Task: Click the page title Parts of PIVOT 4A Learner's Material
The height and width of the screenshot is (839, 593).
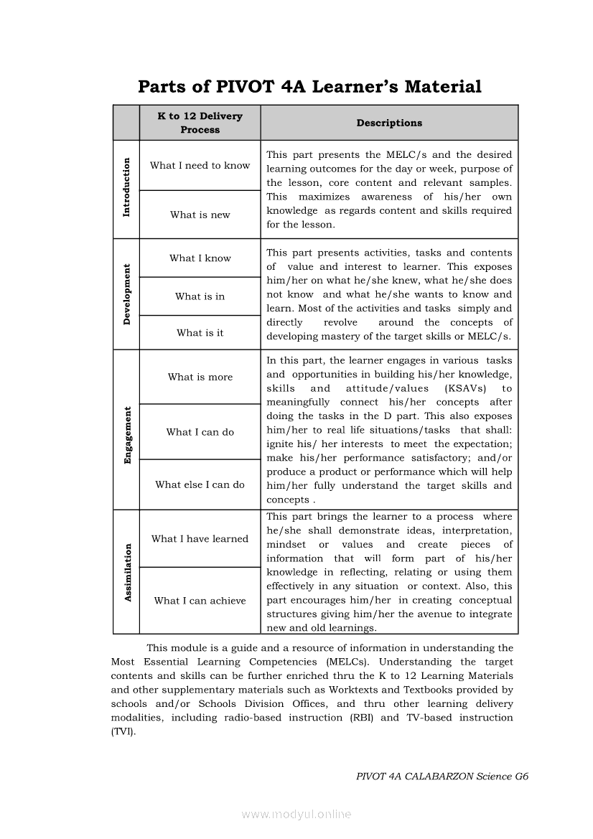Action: [309, 87]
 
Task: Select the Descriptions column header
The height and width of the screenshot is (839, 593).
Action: [389, 123]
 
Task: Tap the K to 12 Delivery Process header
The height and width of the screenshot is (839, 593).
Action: [200, 123]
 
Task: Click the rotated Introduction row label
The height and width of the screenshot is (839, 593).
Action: [127, 187]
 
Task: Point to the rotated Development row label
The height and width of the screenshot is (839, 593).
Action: [127, 294]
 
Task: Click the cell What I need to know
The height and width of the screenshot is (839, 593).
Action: [200, 165]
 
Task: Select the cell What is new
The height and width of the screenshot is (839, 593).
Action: [200, 215]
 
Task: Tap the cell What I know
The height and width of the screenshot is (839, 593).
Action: [200, 258]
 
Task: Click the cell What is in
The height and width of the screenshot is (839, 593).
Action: [200, 296]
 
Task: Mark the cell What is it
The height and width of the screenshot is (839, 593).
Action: [200, 332]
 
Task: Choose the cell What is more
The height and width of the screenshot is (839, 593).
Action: [200, 377]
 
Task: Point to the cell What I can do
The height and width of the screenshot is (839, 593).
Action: [200, 432]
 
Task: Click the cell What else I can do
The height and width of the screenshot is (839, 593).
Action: [200, 484]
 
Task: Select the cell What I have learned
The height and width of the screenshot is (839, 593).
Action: [200, 539]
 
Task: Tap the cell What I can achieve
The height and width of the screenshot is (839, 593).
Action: [200, 601]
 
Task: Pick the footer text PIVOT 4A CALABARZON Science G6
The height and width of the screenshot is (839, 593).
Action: [442, 777]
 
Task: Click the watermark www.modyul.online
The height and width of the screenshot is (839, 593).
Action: [296, 814]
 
